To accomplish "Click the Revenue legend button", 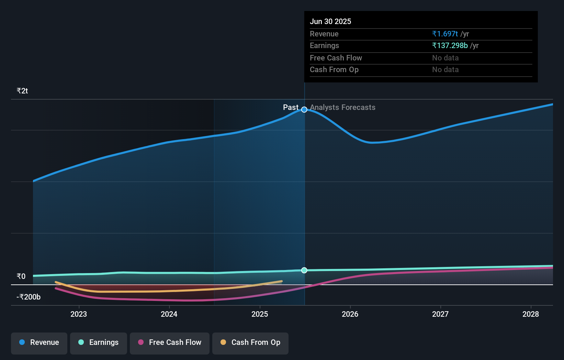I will coord(39,342).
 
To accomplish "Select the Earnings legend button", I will coord(99,342).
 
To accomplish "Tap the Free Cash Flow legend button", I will coord(170,342).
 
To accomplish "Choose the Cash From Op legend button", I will coord(250,342).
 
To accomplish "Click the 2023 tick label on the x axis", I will coord(79,314).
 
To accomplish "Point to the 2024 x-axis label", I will coord(169,314).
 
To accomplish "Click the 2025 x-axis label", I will coord(260,314).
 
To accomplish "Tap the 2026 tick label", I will coord(350,314).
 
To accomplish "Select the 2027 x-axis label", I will coord(440,314).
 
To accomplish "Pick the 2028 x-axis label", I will coord(531,314).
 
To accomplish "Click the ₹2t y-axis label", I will coord(22,91).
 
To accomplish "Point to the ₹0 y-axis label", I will coord(21,277).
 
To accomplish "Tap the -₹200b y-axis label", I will coord(29,297).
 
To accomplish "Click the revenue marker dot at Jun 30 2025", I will coord(304,110).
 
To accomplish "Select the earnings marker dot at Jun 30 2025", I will coord(304,270).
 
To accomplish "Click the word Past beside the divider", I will coord(291,108).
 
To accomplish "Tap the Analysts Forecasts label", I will coord(342,108).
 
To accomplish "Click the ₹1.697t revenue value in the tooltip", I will coord(445,34).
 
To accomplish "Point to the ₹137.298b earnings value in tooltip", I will coord(450,46).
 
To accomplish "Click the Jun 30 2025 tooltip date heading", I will coord(330,22).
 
